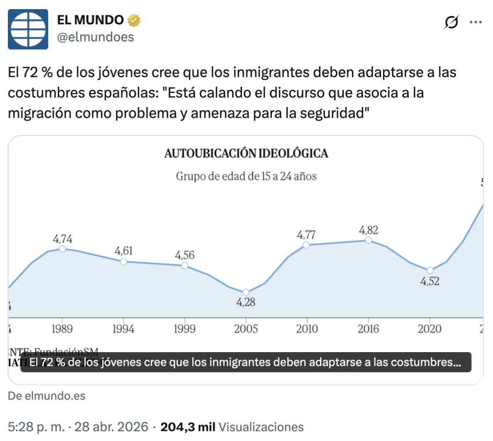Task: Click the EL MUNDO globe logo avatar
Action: pyautogui.click(x=28, y=29)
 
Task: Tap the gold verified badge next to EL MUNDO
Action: pyautogui.click(x=134, y=20)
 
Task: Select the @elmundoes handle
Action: pyautogui.click(x=95, y=37)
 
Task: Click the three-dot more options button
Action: pyautogui.click(x=476, y=22)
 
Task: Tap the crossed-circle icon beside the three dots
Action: pyautogui.click(x=451, y=22)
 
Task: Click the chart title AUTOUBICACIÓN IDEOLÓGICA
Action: pyautogui.click(x=246, y=154)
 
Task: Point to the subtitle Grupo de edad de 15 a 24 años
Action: pyautogui.click(x=246, y=176)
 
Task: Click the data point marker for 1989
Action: pyautogui.click(x=62, y=248)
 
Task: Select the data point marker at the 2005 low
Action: pyautogui.click(x=246, y=292)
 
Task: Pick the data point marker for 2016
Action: pyautogui.click(x=368, y=240)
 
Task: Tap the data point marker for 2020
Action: pyautogui.click(x=430, y=270)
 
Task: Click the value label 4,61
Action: pyautogui.click(x=124, y=251)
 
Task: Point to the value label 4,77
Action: pyautogui.click(x=306, y=235)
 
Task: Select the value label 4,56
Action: pyautogui.click(x=185, y=255)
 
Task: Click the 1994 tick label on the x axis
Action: pyautogui.click(x=123, y=329)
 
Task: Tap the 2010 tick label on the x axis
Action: pyautogui.click(x=307, y=329)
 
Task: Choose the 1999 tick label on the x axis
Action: pyautogui.click(x=184, y=329)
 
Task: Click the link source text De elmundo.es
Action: pyautogui.click(x=46, y=396)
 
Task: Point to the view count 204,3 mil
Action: pyautogui.click(x=188, y=427)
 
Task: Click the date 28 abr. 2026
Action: pyautogui.click(x=111, y=427)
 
